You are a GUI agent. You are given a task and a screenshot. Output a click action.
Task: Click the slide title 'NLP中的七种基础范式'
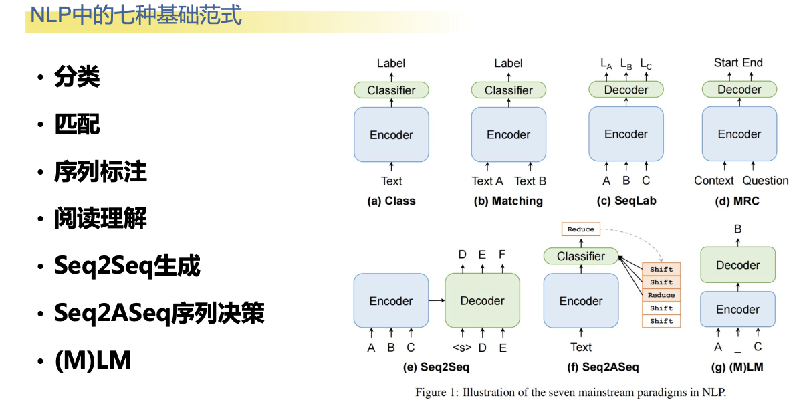(x=136, y=15)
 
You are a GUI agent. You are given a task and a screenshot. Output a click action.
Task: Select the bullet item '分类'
(x=77, y=77)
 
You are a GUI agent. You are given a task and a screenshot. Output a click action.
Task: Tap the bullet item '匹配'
(x=77, y=124)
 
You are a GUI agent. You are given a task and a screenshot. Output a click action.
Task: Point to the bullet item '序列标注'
(x=100, y=172)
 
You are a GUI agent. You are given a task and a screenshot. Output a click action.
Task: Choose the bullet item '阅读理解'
(x=100, y=219)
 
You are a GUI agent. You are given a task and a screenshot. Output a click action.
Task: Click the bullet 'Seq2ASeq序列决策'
(x=159, y=313)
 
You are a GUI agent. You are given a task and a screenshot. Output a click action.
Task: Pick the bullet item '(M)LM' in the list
(x=93, y=360)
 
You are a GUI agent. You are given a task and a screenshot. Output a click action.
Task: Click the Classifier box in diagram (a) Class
(x=391, y=90)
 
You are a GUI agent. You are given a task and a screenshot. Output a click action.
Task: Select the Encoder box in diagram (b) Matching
(x=508, y=134)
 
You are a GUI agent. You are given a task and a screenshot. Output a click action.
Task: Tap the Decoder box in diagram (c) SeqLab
(x=626, y=90)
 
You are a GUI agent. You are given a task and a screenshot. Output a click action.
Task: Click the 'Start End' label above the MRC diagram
(x=738, y=63)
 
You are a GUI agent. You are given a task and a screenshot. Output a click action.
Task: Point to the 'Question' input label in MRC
(x=766, y=181)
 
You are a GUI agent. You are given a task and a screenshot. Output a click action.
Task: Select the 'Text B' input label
(x=530, y=181)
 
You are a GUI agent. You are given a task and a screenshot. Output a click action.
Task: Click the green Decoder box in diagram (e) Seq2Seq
(x=482, y=301)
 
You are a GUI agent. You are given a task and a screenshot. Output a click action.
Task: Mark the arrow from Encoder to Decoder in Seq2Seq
(x=437, y=301)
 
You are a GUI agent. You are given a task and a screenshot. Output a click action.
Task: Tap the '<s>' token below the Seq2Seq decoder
(x=462, y=348)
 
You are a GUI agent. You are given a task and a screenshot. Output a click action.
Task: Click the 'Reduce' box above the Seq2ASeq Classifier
(x=580, y=229)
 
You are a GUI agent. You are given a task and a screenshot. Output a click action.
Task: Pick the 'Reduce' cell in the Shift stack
(x=661, y=295)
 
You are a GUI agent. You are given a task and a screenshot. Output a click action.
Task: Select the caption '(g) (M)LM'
(x=737, y=367)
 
